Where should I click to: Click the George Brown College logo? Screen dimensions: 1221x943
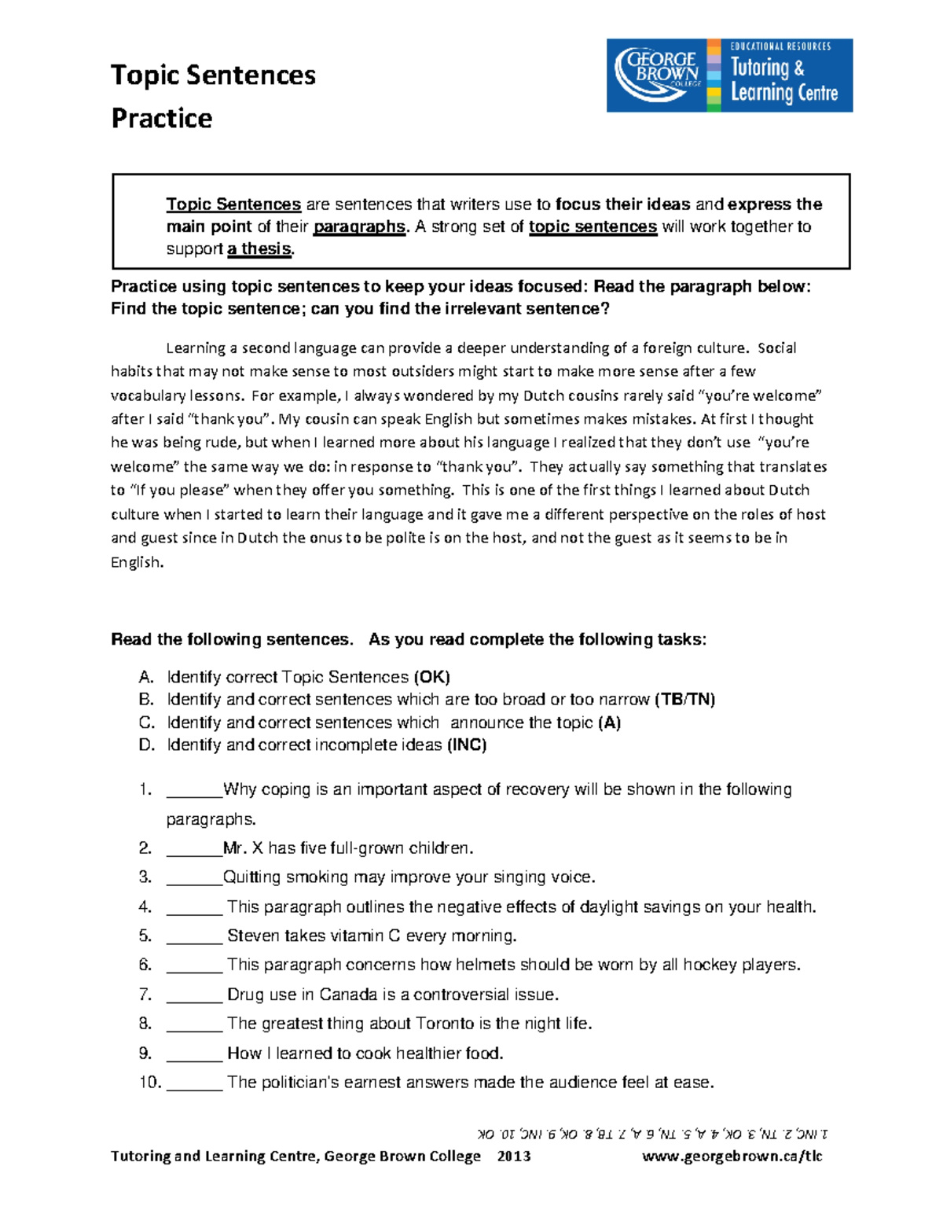pos(659,75)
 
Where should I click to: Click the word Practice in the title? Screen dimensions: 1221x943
pos(162,118)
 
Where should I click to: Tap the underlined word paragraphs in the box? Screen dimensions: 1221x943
pos(359,226)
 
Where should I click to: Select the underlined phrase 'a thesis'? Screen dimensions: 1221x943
pos(259,248)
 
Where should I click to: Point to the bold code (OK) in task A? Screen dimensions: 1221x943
pos(431,677)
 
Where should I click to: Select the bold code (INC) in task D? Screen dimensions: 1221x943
pos(467,745)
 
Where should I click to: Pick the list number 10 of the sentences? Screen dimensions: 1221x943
pos(149,1083)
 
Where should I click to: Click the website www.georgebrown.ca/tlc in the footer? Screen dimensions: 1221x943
pos(732,1156)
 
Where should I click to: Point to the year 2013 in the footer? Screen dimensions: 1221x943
pos(514,1156)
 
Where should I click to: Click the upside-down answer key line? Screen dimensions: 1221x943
pos(652,1134)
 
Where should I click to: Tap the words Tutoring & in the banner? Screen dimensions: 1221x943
pos(767,68)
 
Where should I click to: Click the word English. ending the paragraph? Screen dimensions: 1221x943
pos(137,562)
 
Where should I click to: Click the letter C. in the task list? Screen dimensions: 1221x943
pos(146,723)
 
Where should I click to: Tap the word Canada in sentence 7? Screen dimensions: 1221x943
pos(348,995)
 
